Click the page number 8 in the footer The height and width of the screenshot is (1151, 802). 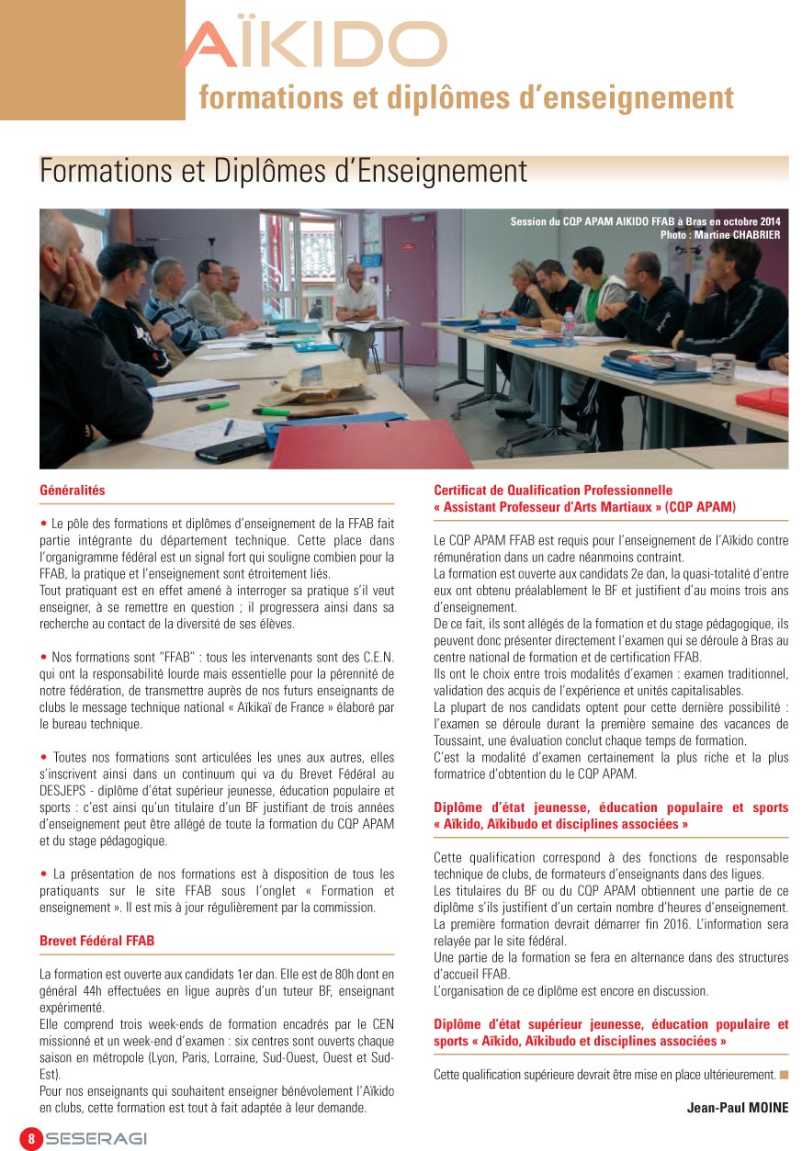(31, 1138)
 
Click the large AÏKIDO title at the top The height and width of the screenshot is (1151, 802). (312, 46)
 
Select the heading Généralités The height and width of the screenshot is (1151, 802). (73, 491)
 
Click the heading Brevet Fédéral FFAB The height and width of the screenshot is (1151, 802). (96, 940)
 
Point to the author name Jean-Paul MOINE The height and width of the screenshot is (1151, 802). (737, 1107)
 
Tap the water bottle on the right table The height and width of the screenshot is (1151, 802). (569, 328)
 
